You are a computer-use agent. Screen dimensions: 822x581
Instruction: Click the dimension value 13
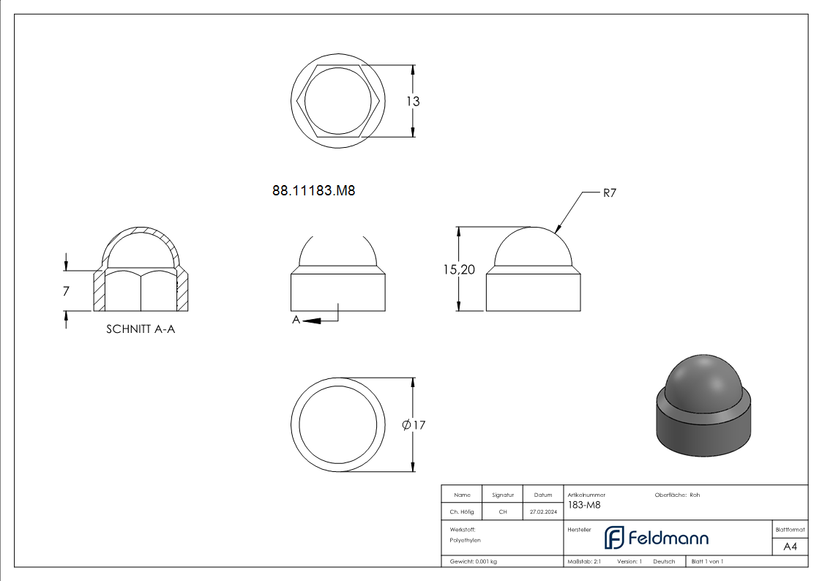click(x=413, y=101)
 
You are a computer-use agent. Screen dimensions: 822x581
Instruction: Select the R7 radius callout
click(x=610, y=192)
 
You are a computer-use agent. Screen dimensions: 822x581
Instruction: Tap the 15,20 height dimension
click(x=459, y=269)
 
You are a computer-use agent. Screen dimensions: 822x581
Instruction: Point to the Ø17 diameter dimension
click(x=414, y=425)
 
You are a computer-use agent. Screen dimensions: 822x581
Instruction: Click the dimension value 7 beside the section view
click(x=66, y=290)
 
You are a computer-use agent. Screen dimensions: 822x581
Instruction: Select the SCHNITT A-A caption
click(x=141, y=329)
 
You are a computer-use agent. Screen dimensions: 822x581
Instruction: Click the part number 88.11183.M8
click(x=313, y=191)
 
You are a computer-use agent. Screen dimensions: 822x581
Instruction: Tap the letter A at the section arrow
click(x=296, y=320)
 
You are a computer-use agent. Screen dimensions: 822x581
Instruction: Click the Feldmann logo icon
click(x=614, y=538)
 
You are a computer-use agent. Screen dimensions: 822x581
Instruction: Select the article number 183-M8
click(x=584, y=505)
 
